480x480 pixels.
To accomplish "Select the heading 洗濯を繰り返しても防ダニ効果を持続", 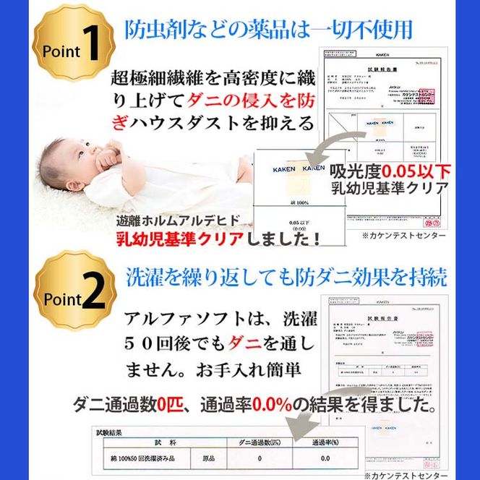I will point(286,276).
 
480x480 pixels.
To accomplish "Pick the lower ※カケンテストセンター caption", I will point(417,475).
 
